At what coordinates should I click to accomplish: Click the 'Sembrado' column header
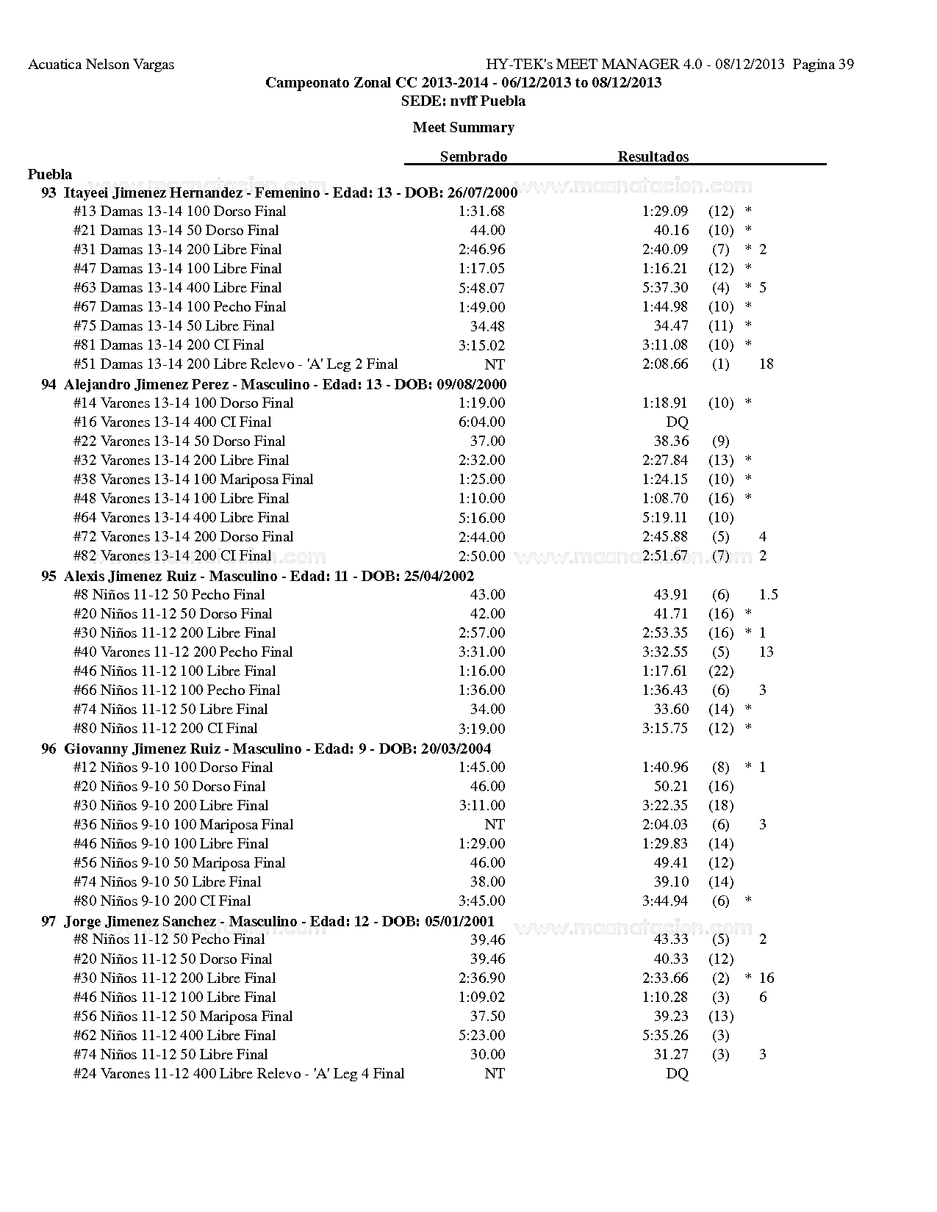(x=473, y=156)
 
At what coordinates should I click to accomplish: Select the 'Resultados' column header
(x=653, y=156)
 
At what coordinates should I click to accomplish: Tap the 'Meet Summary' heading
(x=463, y=127)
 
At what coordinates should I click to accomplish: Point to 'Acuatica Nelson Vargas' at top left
(x=101, y=65)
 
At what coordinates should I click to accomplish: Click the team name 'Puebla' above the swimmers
(x=50, y=174)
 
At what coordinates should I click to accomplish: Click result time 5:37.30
(x=665, y=288)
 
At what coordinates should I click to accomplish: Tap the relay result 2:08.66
(x=665, y=364)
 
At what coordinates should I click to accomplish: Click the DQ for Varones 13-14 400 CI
(x=677, y=422)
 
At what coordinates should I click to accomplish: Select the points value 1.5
(x=768, y=595)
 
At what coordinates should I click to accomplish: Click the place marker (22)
(x=721, y=671)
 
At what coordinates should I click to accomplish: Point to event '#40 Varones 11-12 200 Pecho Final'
(x=183, y=652)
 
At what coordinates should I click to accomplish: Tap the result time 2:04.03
(x=665, y=825)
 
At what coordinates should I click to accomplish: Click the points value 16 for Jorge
(x=767, y=978)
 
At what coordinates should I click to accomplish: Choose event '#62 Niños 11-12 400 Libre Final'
(x=175, y=1036)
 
